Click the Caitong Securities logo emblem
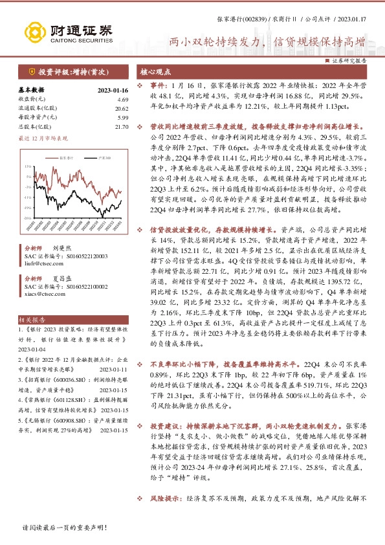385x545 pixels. pos(33,31)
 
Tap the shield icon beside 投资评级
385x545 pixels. pos(31,71)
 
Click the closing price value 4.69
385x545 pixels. pos(123,99)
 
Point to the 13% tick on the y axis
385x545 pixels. pos(29,166)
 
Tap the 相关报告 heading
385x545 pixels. pos(32,320)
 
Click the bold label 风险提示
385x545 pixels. pos(166,517)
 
